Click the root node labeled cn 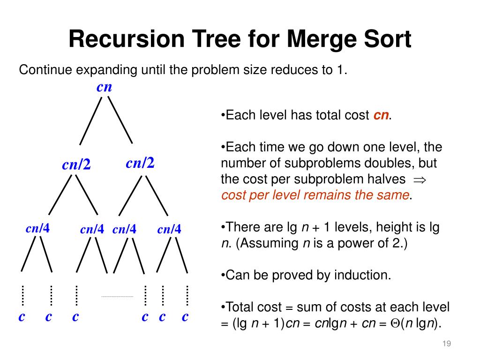point(104,87)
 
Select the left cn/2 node point(76,165)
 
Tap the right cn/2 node point(140,163)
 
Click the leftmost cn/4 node point(37,228)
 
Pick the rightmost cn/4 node point(169,229)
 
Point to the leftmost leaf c point(22,317)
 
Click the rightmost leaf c point(185,317)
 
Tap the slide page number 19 point(446,345)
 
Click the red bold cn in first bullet point(381,116)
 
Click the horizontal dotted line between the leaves point(117,296)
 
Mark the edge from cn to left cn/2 point(91,120)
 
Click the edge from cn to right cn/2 point(120,120)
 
